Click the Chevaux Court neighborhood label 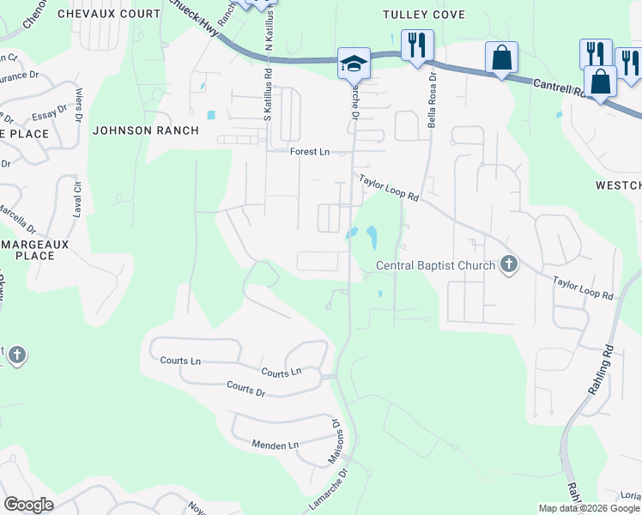108,14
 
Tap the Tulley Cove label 423,15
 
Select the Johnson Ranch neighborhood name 145,130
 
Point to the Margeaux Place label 40,250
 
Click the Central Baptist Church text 436,265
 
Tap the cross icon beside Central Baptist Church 509,264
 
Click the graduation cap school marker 353,64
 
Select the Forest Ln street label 309,152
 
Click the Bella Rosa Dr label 433,100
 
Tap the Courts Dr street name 245,389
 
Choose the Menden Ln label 275,445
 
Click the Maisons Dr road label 336,442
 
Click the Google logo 28,504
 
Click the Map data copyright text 588,508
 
